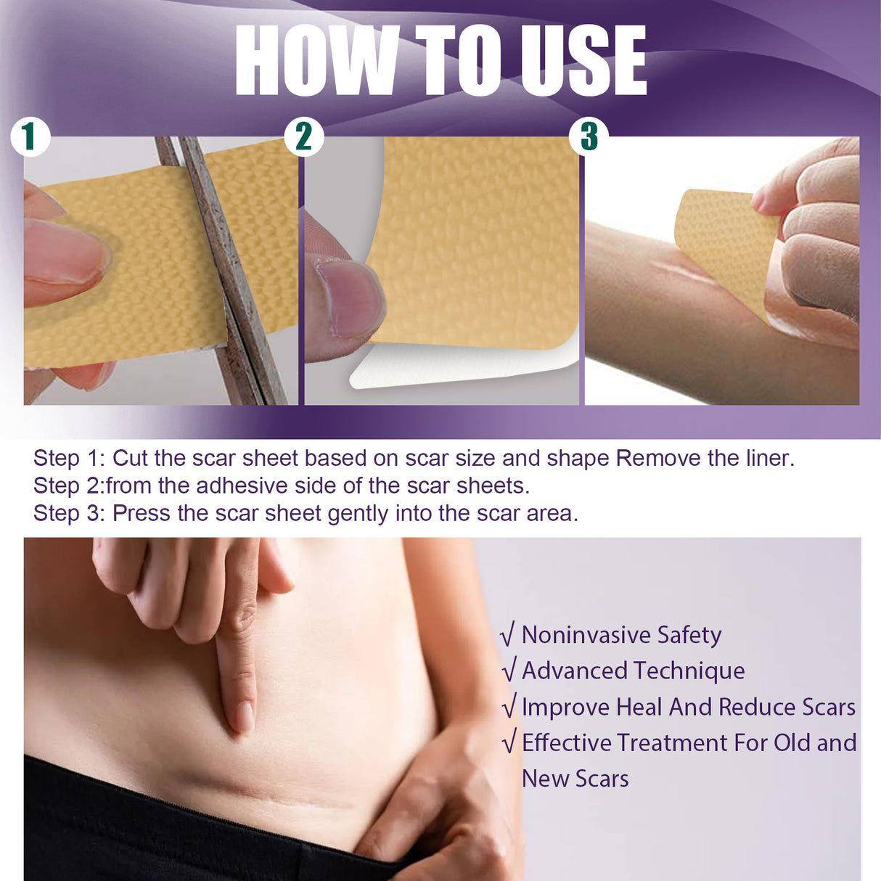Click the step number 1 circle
(30, 136)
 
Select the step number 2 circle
(303, 136)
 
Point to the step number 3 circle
(589, 136)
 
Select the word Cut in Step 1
(130, 459)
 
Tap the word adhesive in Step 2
(242, 485)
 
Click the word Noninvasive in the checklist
(586, 635)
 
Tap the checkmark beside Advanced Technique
(509, 671)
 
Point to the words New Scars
(575, 779)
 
